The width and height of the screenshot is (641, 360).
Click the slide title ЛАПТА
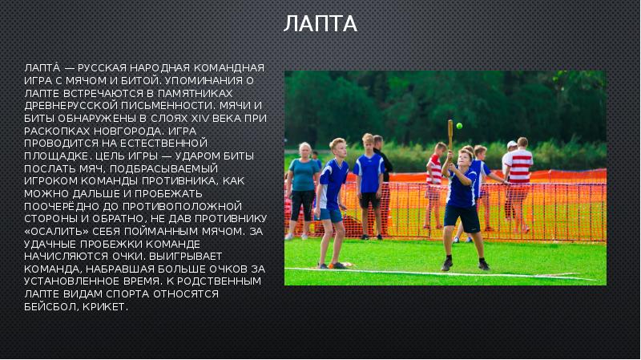(x=320, y=23)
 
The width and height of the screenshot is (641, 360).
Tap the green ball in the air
(x=460, y=125)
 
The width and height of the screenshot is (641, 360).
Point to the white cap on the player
(x=511, y=145)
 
